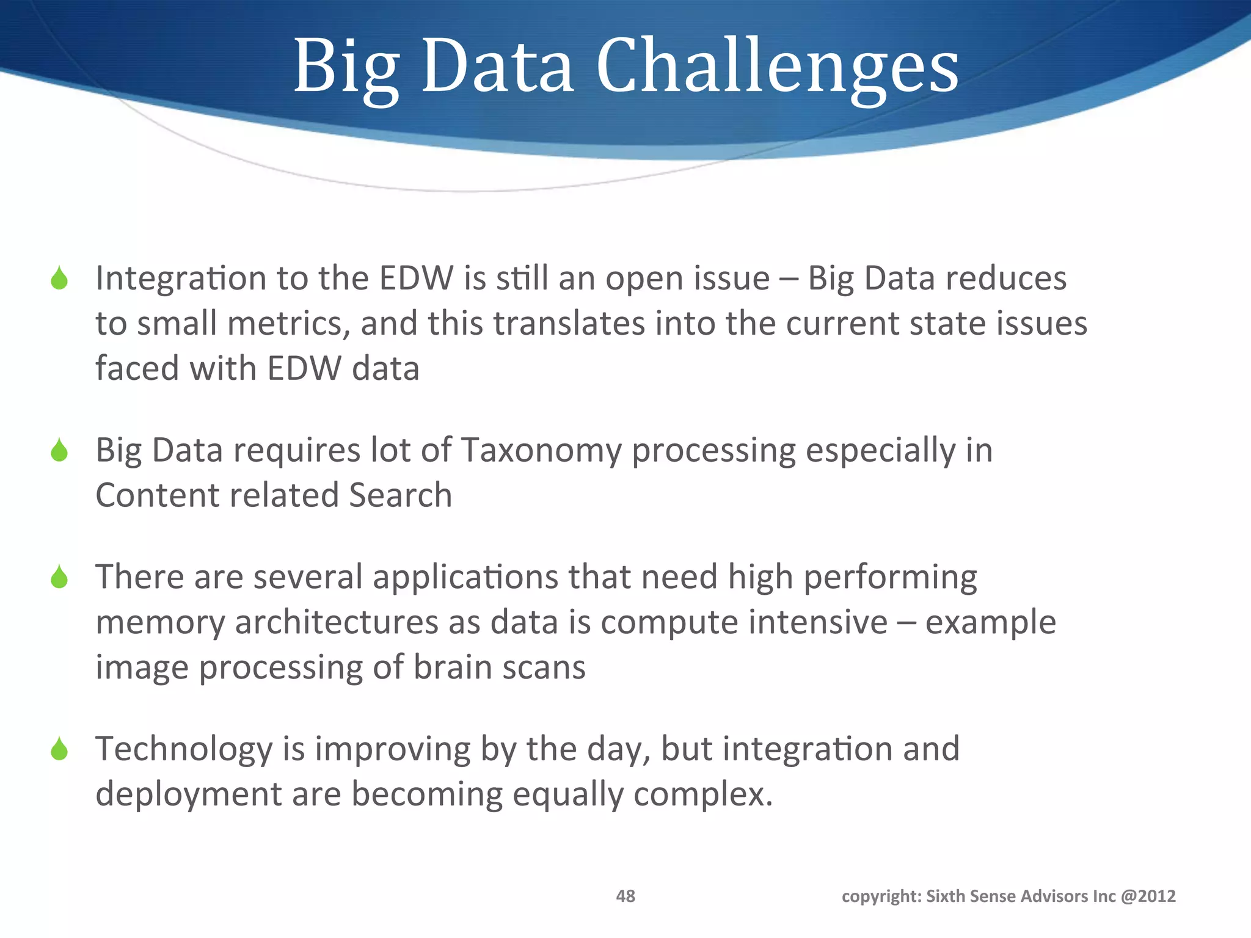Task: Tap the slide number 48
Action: pos(625,896)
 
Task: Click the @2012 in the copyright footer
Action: pos(1148,896)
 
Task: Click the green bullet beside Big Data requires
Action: pos(59,451)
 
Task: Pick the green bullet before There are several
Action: pos(59,577)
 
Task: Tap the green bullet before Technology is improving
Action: pos(59,749)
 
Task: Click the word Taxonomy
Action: pos(541,451)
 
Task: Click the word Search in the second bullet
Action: pos(400,495)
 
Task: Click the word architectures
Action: pos(337,622)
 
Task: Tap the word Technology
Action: pos(184,749)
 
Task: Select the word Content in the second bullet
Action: pos(157,495)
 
